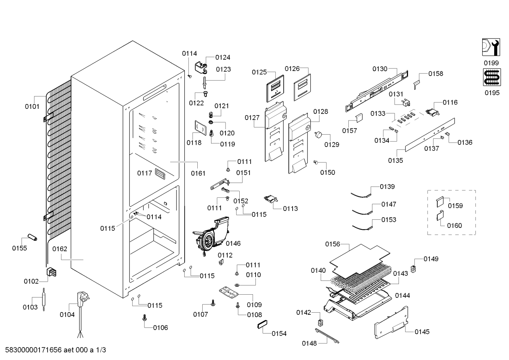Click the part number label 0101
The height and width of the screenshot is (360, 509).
coord(32,106)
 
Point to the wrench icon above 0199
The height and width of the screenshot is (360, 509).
coord(491,47)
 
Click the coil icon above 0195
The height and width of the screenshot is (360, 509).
coord(492,77)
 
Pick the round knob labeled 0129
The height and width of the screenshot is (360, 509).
coord(318,135)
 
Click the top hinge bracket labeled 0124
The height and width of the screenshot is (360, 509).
coord(201,67)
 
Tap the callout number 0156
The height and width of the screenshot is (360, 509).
coord(333,244)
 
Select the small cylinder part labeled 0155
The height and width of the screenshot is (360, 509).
coord(32,237)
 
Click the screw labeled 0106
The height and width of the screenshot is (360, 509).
coord(144,318)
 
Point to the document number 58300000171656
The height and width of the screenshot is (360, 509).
coord(34,350)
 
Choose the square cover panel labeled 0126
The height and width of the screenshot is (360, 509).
coord(302,87)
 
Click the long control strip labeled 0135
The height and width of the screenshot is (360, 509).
coord(430,135)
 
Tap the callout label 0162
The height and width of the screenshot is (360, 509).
coord(60,249)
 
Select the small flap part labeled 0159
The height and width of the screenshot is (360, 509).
coord(440,202)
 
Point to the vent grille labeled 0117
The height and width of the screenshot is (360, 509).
coord(160,174)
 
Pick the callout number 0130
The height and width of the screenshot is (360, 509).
coord(380,69)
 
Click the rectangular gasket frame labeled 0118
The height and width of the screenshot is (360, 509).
coord(200,128)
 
